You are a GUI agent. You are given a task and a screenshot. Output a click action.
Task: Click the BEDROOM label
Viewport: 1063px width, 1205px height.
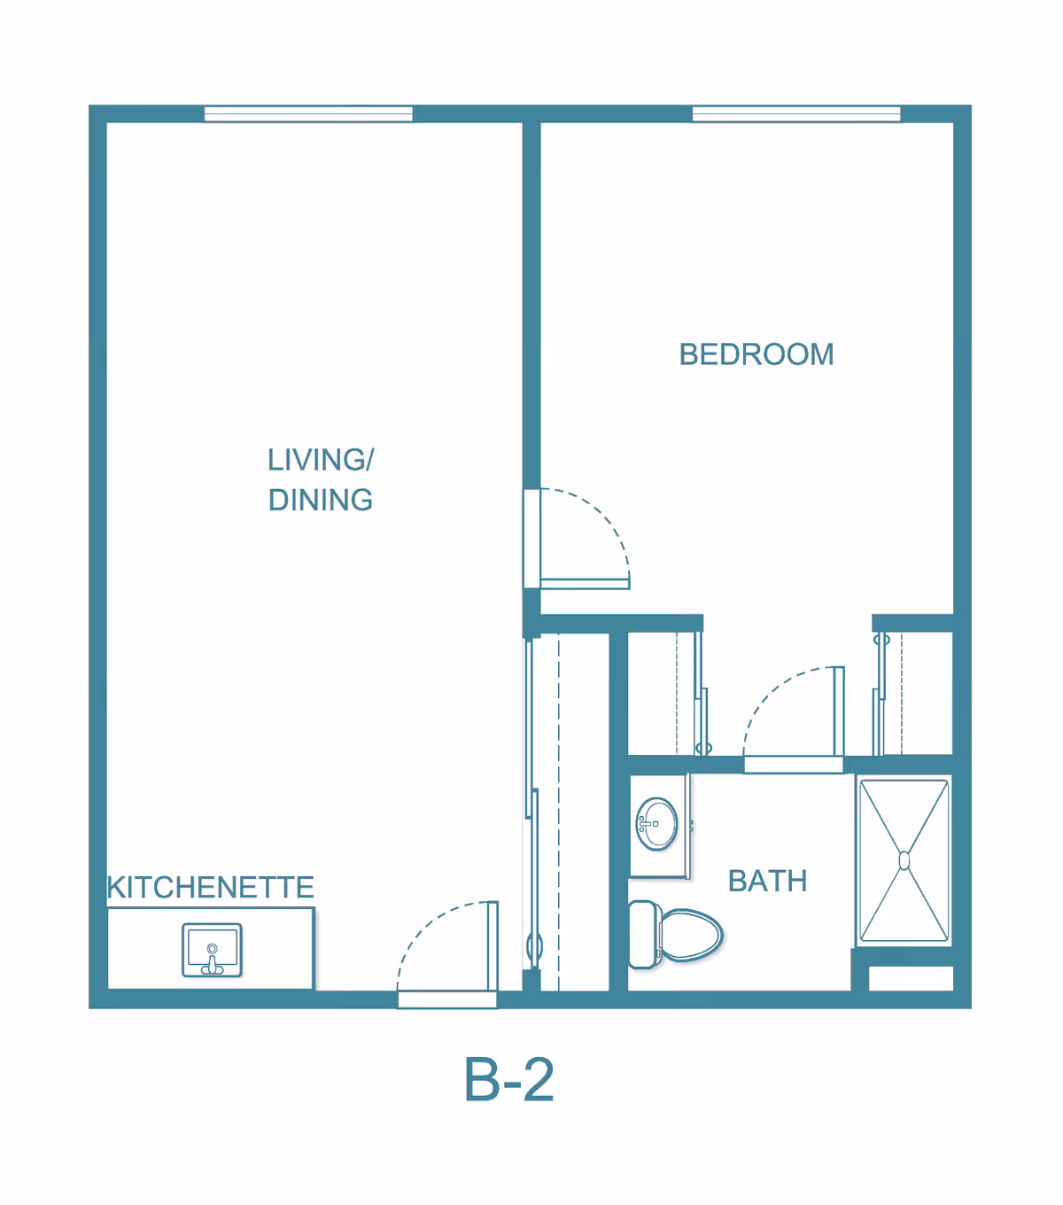tap(756, 354)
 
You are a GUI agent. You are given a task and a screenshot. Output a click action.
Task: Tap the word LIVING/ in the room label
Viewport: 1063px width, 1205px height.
tap(321, 460)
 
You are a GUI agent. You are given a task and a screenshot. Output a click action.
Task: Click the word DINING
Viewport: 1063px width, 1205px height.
tap(321, 501)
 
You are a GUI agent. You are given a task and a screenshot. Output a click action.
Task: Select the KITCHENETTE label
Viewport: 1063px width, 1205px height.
tap(210, 887)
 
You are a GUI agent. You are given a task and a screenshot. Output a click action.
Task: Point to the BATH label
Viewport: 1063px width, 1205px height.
tap(767, 882)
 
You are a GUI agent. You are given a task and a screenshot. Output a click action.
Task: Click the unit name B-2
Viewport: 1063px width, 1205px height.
tap(508, 1080)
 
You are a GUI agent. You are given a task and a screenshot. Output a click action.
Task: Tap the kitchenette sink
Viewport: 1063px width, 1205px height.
tap(212, 950)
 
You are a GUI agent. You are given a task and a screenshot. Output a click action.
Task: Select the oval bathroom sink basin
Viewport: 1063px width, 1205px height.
tap(657, 824)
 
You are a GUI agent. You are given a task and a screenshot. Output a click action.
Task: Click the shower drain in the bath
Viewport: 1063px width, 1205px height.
tap(904, 860)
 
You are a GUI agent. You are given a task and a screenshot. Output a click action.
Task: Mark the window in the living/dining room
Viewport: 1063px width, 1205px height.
tap(308, 113)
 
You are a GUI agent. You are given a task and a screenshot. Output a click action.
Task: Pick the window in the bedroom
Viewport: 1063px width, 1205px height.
tap(795, 113)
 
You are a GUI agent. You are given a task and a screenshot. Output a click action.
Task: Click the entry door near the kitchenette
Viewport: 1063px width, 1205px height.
tap(447, 999)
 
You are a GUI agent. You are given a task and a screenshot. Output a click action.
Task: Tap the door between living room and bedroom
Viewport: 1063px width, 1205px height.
tap(532, 539)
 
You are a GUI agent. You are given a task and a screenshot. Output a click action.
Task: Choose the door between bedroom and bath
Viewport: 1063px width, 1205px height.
tap(794, 764)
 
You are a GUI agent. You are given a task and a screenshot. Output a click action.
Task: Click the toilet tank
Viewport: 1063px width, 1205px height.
tap(642, 935)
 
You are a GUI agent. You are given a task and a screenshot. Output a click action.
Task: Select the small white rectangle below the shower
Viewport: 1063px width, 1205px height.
tap(910, 978)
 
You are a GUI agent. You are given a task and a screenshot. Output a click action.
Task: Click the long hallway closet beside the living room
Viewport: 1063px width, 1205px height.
tap(572, 811)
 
